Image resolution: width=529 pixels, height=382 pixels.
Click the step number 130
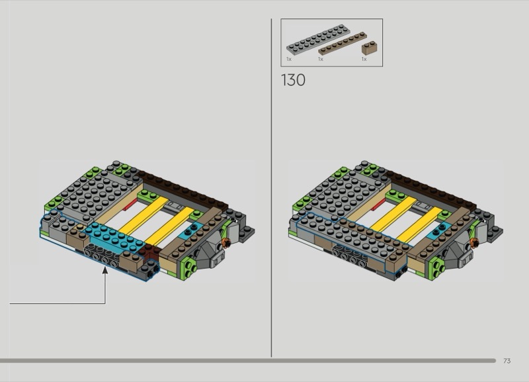(293, 80)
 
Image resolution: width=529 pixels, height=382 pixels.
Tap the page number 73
(507, 361)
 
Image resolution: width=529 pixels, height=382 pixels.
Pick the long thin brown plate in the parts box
(343, 43)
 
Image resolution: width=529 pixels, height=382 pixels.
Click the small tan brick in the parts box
(370, 48)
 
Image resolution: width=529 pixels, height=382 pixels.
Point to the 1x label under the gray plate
(289, 59)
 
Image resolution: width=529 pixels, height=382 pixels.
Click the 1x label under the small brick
(364, 59)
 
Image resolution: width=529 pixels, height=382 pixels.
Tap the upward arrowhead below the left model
(105, 270)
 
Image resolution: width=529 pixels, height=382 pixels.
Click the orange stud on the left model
(226, 242)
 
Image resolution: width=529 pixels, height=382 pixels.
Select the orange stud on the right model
(474, 242)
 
